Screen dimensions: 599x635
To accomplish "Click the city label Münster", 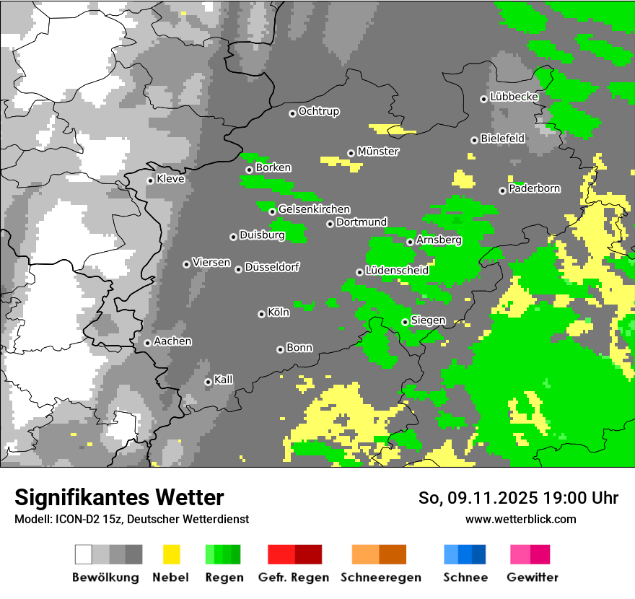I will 378,152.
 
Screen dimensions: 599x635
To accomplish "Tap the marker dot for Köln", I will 261,314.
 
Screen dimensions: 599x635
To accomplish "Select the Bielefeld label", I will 503,139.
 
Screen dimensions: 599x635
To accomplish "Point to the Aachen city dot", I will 147,343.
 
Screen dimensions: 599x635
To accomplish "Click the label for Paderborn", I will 535,189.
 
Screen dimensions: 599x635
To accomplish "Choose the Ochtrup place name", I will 319,112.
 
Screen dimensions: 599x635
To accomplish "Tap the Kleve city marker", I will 150,180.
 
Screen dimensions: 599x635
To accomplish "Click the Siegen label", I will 429,320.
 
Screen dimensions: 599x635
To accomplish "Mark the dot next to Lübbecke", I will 483,99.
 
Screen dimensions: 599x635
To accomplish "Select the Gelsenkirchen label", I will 314,209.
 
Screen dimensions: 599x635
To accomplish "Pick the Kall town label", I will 224,380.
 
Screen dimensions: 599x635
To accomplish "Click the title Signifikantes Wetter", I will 119,497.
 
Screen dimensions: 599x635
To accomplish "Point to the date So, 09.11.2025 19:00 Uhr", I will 518,498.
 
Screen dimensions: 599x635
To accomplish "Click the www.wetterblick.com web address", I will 520,519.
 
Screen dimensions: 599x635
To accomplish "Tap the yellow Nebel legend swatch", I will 171,554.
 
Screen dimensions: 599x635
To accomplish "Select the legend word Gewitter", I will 533,577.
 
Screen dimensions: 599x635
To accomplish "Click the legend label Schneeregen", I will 381,577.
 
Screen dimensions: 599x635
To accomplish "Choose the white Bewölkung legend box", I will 84,554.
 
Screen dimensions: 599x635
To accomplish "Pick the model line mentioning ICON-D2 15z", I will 131,519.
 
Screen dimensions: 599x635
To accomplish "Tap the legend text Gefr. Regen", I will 294,577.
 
